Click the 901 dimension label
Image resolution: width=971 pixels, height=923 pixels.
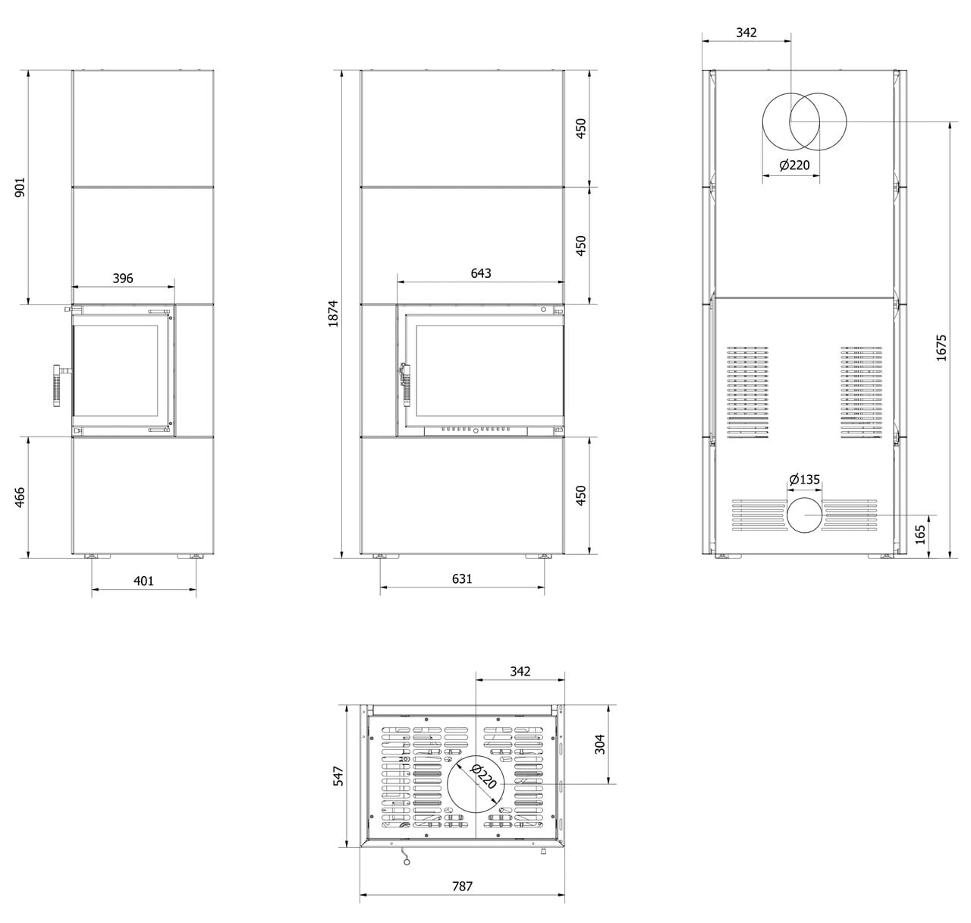point(20,188)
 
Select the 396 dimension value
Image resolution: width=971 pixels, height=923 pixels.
point(123,279)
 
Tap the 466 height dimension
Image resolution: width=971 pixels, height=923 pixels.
point(20,497)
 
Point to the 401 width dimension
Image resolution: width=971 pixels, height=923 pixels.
point(143,581)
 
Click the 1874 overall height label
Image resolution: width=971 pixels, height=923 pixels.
point(333,313)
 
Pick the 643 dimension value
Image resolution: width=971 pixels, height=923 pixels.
point(481,273)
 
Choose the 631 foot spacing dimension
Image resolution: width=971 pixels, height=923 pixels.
point(462,578)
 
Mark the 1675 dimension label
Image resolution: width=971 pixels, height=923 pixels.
point(941,348)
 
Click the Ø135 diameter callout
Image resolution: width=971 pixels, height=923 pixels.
point(804,480)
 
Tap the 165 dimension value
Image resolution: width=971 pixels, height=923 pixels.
point(921,534)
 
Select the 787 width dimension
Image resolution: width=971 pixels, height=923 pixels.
point(462,886)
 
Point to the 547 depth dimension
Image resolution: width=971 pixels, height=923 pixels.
point(339,776)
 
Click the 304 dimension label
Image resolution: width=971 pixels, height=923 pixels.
point(599,745)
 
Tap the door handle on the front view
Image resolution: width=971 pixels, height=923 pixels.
point(404,383)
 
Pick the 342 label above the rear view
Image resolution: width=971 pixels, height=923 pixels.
point(746,33)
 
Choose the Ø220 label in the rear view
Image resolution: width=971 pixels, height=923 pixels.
point(794,165)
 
